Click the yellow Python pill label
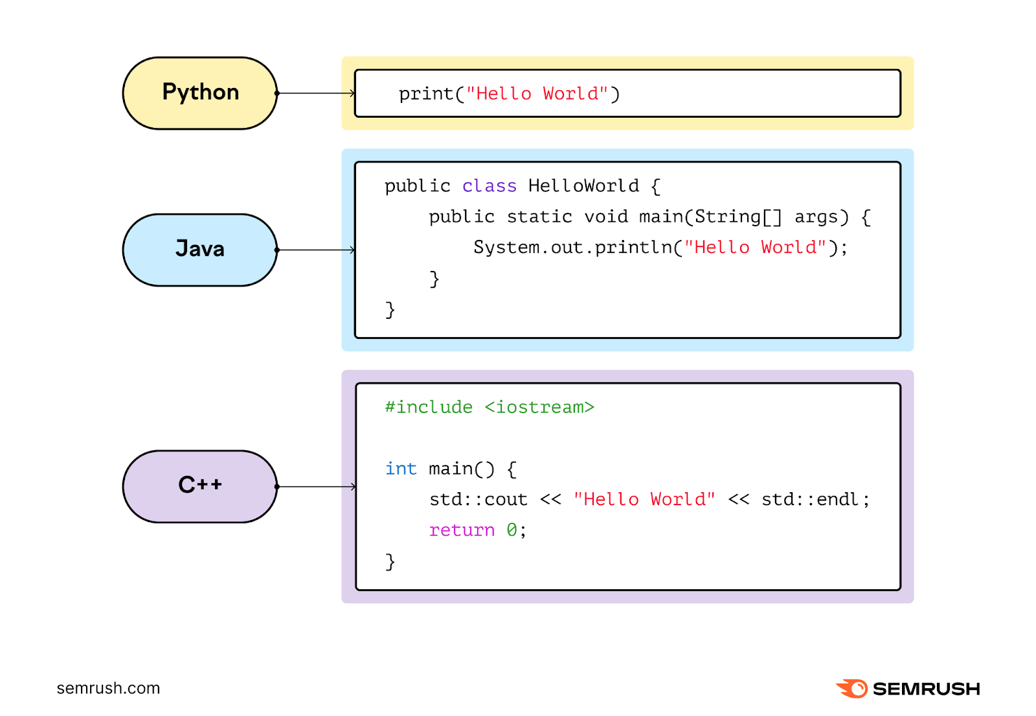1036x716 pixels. click(200, 93)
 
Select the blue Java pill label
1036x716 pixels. click(200, 250)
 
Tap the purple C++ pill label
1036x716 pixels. click(200, 486)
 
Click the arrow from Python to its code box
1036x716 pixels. click(316, 93)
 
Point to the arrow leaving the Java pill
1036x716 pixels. click(316, 250)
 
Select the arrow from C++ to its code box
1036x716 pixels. click(316, 486)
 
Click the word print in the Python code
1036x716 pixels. click(426, 94)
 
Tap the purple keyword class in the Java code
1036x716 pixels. click(489, 186)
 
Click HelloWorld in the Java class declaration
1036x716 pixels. click(583, 186)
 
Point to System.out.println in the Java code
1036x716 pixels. click(572, 248)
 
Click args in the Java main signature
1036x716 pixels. click(820, 217)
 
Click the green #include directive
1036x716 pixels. click(429, 407)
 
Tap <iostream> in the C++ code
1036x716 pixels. click(539, 407)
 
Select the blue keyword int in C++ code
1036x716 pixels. click(401, 468)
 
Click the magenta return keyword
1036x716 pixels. click(462, 530)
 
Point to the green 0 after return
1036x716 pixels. click(512, 530)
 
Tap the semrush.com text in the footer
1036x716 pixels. click(108, 688)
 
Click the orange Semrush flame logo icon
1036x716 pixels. click(853, 688)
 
